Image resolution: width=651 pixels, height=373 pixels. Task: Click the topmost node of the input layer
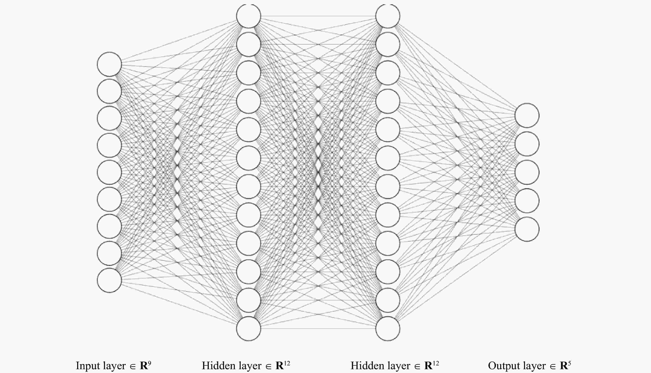coord(109,64)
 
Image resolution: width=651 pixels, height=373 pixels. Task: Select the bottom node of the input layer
coord(109,280)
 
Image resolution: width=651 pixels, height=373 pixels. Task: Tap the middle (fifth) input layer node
coord(109,172)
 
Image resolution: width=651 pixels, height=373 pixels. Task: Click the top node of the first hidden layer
coord(249,16)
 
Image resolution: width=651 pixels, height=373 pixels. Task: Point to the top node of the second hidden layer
coord(388,16)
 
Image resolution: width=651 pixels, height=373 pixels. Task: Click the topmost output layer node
coord(527,115)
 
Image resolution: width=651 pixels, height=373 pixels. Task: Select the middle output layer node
coord(527,172)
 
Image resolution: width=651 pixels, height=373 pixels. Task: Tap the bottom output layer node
coord(527,229)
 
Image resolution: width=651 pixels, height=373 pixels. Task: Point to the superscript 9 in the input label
coord(149,363)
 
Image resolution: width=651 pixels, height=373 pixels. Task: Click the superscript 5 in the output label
coord(570,363)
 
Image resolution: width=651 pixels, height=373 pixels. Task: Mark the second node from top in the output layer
coord(527,144)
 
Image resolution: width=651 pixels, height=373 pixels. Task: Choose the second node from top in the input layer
coord(109,91)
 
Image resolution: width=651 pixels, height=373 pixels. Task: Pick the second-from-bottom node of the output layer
coord(527,201)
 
